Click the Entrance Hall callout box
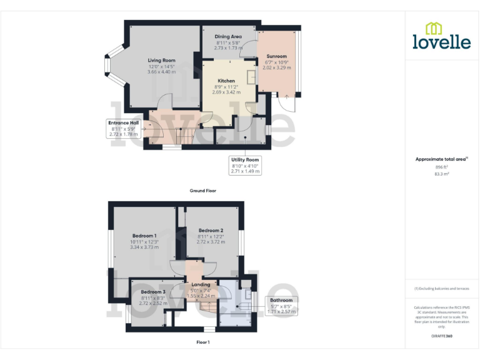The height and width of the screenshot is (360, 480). coord(123,128)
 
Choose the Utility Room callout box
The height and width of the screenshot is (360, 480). coord(244,165)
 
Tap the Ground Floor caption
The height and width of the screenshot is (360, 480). coord(202,191)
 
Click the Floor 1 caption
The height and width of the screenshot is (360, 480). coord(202,342)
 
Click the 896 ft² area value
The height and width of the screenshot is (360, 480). coord(442,167)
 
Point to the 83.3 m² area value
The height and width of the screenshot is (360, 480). coord(442,174)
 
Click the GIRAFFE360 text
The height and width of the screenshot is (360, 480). coord(441,337)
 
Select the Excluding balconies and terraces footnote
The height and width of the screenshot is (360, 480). coord(441,289)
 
